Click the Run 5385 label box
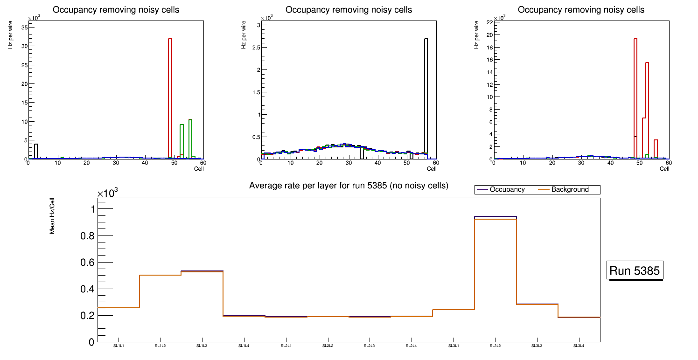pos(635,270)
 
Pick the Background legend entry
pos(570,190)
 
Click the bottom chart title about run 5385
pos(349,186)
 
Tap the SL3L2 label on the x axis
pos(495,346)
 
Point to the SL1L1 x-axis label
pos(119,346)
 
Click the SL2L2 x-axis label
pos(328,346)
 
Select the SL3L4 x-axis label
pos(579,346)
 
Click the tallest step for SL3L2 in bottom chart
pos(495,218)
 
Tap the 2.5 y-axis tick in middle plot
pos(254,47)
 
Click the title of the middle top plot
pos(349,10)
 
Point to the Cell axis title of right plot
pos(664,169)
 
